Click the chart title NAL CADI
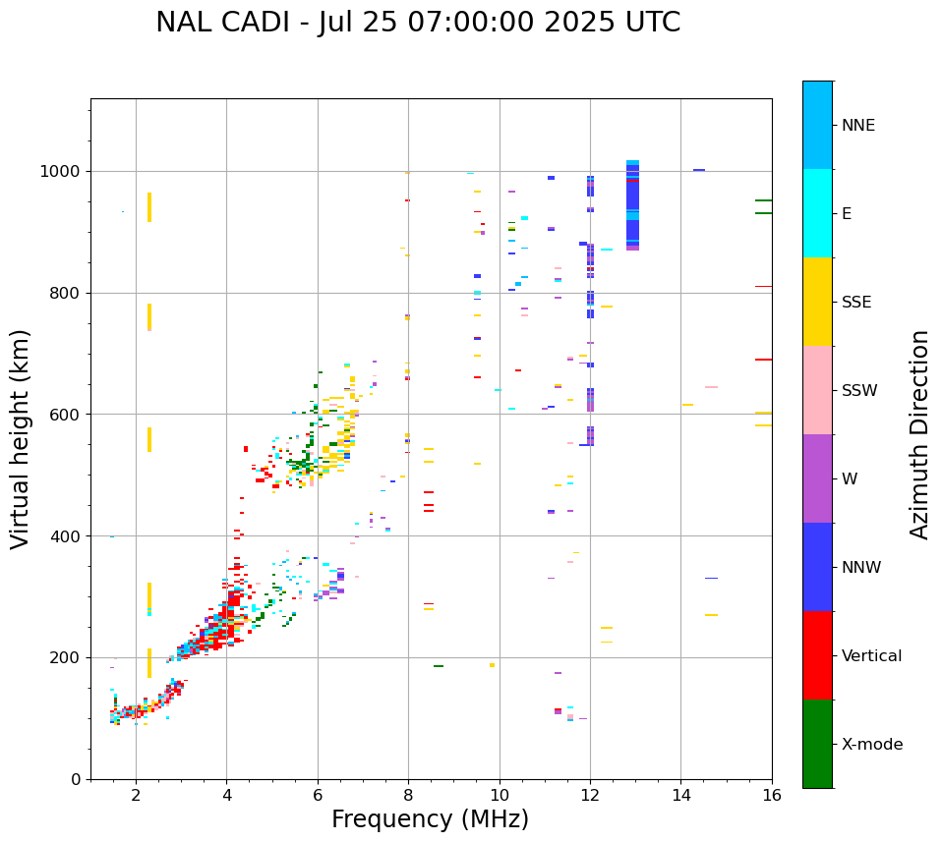[417, 23]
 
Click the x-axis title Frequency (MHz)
[430, 819]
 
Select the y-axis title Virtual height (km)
[21, 438]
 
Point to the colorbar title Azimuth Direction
[919, 433]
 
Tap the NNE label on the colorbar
[857, 126]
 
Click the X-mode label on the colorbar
[871, 745]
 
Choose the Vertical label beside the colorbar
[871, 656]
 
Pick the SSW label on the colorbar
[859, 391]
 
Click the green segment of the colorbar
[817, 744]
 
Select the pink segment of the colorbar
[817, 390]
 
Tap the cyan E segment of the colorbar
[817, 213]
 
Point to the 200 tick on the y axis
[68, 658]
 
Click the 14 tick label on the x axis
[680, 795]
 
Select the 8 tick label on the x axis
[408, 795]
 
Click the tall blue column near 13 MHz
[632, 206]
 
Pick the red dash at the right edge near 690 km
[763, 360]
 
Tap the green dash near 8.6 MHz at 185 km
[438, 666]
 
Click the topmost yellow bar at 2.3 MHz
[149, 206]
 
